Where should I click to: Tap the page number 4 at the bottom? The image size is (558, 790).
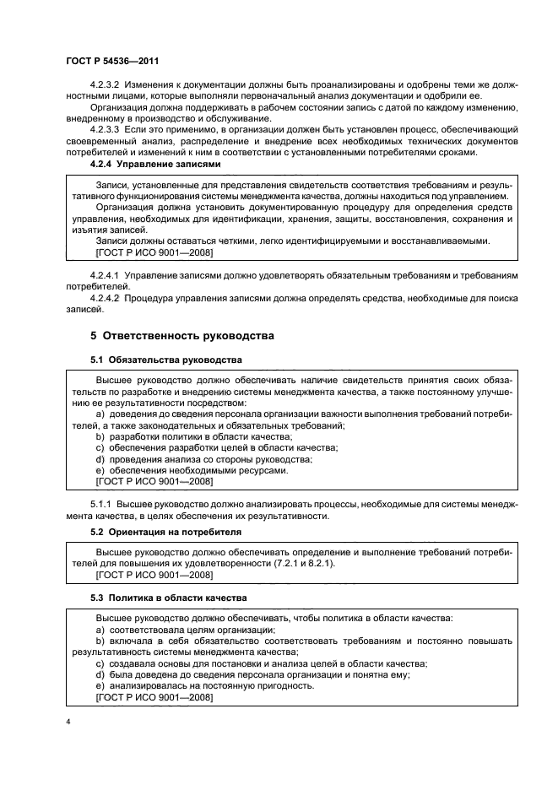click(68, 722)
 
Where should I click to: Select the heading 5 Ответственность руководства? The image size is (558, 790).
click(182, 335)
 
